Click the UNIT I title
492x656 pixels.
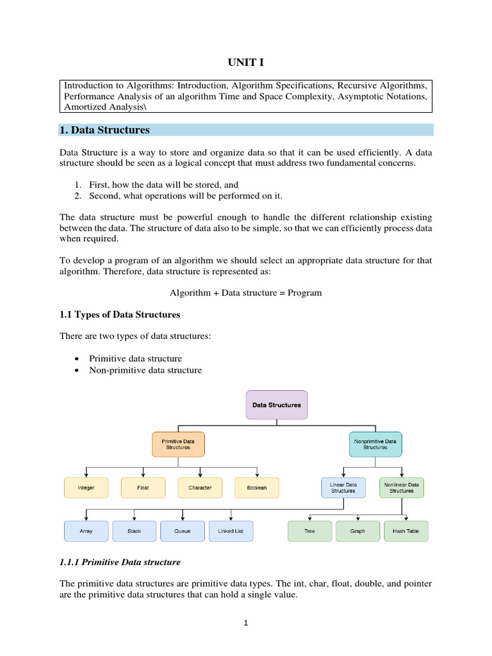click(x=246, y=62)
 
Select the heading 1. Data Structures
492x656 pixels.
click(x=104, y=130)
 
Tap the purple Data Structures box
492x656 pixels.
click(x=277, y=405)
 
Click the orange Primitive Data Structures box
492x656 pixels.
click(x=178, y=444)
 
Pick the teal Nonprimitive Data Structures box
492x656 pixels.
click(x=375, y=444)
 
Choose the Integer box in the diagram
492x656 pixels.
click(x=86, y=488)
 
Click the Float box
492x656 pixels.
click(x=143, y=488)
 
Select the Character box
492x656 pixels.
click(x=199, y=488)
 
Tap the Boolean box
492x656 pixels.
click(x=257, y=488)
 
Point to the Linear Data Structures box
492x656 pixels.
click(x=343, y=488)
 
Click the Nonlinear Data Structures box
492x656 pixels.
click(x=402, y=488)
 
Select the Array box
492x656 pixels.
click(x=86, y=531)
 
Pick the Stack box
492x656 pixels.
click(x=135, y=531)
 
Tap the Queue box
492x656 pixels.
click(x=183, y=531)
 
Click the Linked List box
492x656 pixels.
click(x=231, y=531)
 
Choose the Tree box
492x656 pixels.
click(x=310, y=531)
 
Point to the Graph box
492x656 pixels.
click(x=357, y=531)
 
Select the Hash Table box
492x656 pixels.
click(x=406, y=531)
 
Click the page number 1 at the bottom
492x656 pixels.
click(x=245, y=623)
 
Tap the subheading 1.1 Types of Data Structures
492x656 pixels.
click(x=120, y=315)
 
